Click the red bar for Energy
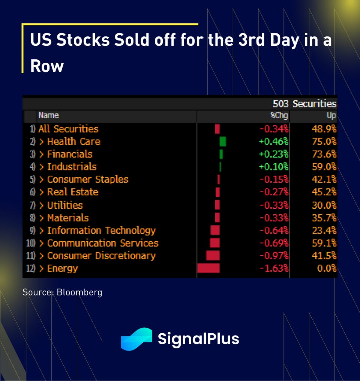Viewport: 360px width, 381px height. click(x=208, y=268)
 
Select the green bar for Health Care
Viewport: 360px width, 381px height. click(x=223, y=142)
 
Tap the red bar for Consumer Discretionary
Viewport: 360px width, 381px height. click(x=213, y=256)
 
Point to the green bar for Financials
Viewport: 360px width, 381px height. click(x=221, y=154)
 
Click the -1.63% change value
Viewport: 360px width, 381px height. click(x=274, y=268)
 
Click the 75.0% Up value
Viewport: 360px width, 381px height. click(x=324, y=142)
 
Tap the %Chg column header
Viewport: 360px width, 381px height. click(x=279, y=116)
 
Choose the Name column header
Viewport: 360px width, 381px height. click(x=49, y=116)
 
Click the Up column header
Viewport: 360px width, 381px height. click(x=331, y=116)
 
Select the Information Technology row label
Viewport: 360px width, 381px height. click(x=101, y=230)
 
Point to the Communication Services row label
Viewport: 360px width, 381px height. click(x=103, y=243)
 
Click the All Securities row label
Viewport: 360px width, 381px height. click(x=68, y=129)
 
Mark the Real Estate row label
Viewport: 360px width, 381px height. click(x=73, y=192)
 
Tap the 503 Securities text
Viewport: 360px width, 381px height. click(x=304, y=104)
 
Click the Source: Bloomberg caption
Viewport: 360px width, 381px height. click(x=62, y=292)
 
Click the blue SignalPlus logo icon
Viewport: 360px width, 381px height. click(x=136, y=339)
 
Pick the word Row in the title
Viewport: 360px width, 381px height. click(x=47, y=66)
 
